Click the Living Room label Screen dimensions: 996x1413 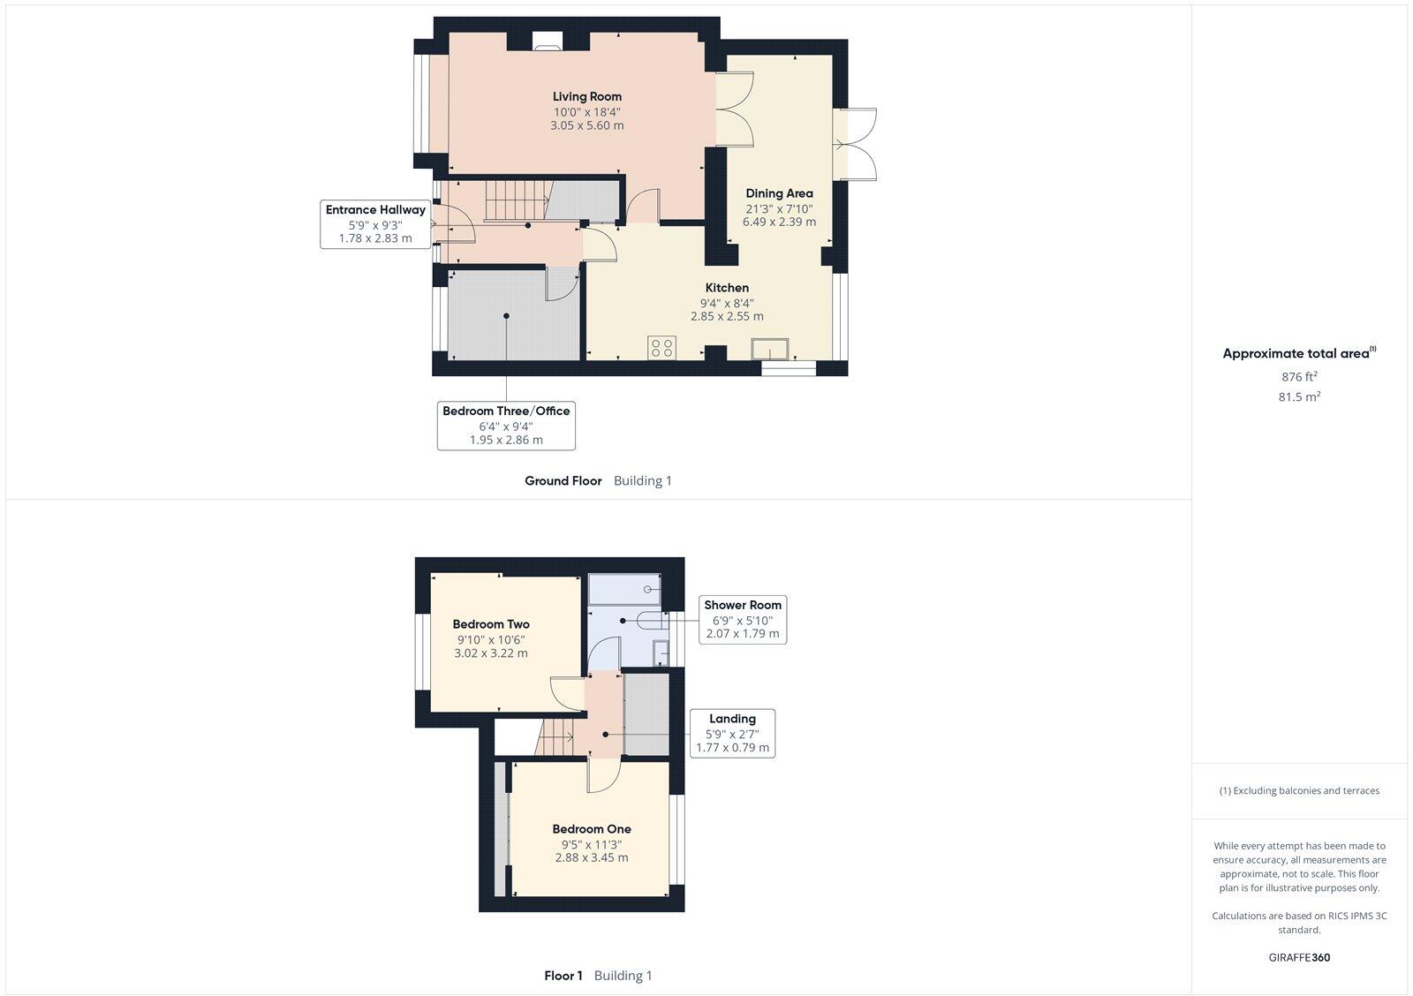tap(587, 97)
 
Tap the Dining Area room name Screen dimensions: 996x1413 tap(779, 193)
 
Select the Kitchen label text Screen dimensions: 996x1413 tap(727, 288)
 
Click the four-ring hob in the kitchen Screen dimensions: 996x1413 tap(662, 347)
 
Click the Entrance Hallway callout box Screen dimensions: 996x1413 tap(375, 224)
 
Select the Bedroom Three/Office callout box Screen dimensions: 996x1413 tap(506, 425)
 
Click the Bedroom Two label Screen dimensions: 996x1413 tap(491, 624)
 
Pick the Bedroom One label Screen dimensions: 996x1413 tap(592, 829)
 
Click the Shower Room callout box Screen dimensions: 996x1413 tap(742, 619)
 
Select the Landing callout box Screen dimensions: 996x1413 tap(732, 733)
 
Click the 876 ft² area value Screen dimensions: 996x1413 tap(1299, 377)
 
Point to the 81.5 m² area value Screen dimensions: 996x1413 tap(1299, 397)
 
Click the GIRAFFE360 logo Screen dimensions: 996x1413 tap(1299, 957)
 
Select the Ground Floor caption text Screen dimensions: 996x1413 tap(563, 481)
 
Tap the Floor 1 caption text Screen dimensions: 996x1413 tap(563, 976)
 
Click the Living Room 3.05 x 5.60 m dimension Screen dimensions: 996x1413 tap(587, 125)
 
